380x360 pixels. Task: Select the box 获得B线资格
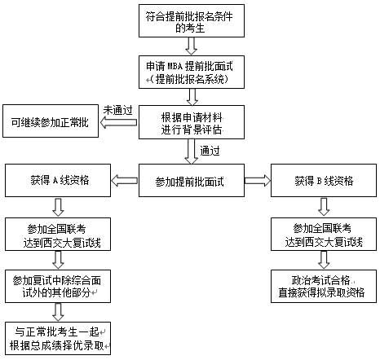coord(324,180)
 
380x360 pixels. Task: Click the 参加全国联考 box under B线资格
coord(324,233)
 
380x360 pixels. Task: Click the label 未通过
coord(117,110)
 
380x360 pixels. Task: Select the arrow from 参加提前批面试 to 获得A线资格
coord(125,180)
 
